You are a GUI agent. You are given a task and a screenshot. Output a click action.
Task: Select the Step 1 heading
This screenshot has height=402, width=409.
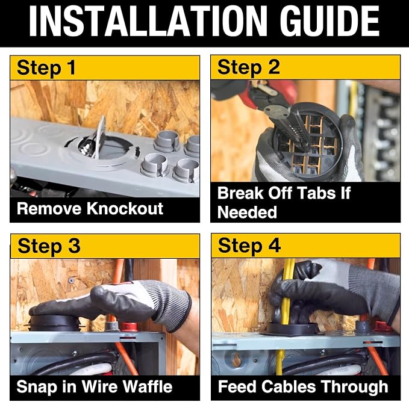[46, 68]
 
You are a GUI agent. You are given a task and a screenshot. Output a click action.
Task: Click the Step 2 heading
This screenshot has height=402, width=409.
[249, 68]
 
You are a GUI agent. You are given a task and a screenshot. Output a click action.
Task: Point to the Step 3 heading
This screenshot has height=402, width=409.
[49, 247]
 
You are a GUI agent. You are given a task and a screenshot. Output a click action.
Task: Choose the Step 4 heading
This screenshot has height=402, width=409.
[249, 246]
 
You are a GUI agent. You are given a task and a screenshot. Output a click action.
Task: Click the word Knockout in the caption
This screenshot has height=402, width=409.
[125, 208]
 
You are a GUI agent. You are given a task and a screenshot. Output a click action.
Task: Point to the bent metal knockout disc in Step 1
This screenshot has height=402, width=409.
[100, 137]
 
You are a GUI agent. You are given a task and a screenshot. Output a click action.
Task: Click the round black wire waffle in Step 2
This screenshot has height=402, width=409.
[307, 140]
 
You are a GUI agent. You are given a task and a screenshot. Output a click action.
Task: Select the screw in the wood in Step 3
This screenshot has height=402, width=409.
[70, 281]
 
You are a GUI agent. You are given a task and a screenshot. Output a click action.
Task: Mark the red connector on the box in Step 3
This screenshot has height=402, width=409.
[129, 326]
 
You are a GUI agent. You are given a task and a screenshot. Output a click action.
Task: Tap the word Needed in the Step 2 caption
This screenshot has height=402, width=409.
[247, 212]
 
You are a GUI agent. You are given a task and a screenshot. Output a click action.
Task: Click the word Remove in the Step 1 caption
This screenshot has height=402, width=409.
[49, 208]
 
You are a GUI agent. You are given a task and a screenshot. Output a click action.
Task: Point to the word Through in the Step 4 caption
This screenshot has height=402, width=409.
[355, 386]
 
